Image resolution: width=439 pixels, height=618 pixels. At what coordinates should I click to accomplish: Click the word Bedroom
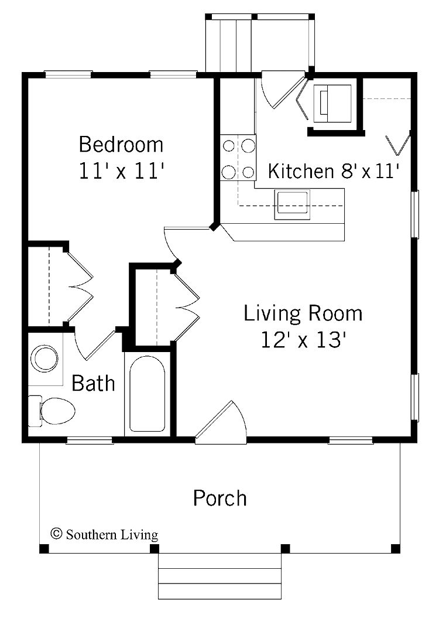pyautogui.click(x=121, y=144)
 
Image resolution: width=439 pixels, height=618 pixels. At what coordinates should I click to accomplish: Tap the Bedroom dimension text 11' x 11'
pyautogui.click(x=121, y=171)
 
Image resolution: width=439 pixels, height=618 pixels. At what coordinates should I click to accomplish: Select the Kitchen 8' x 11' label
pyautogui.click(x=334, y=172)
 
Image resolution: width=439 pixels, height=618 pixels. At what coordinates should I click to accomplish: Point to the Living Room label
pyautogui.click(x=303, y=313)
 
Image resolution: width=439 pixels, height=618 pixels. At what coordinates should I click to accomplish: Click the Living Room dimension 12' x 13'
pyautogui.click(x=303, y=340)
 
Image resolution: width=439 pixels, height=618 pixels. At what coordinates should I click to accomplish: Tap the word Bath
pyautogui.click(x=93, y=384)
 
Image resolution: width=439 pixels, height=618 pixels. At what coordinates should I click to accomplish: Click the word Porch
pyautogui.click(x=220, y=499)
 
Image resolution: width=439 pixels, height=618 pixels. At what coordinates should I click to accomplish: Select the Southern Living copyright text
pyautogui.click(x=105, y=534)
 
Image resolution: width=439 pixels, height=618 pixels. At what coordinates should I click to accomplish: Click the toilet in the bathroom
pyautogui.click(x=52, y=410)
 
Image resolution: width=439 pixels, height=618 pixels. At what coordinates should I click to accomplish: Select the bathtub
pyautogui.click(x=147, y=392)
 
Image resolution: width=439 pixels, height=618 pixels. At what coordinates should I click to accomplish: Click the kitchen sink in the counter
pyautogui.click(x=292, y=204)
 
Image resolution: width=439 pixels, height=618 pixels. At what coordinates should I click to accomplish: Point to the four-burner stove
pyautogui.click(x=238, y=158)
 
